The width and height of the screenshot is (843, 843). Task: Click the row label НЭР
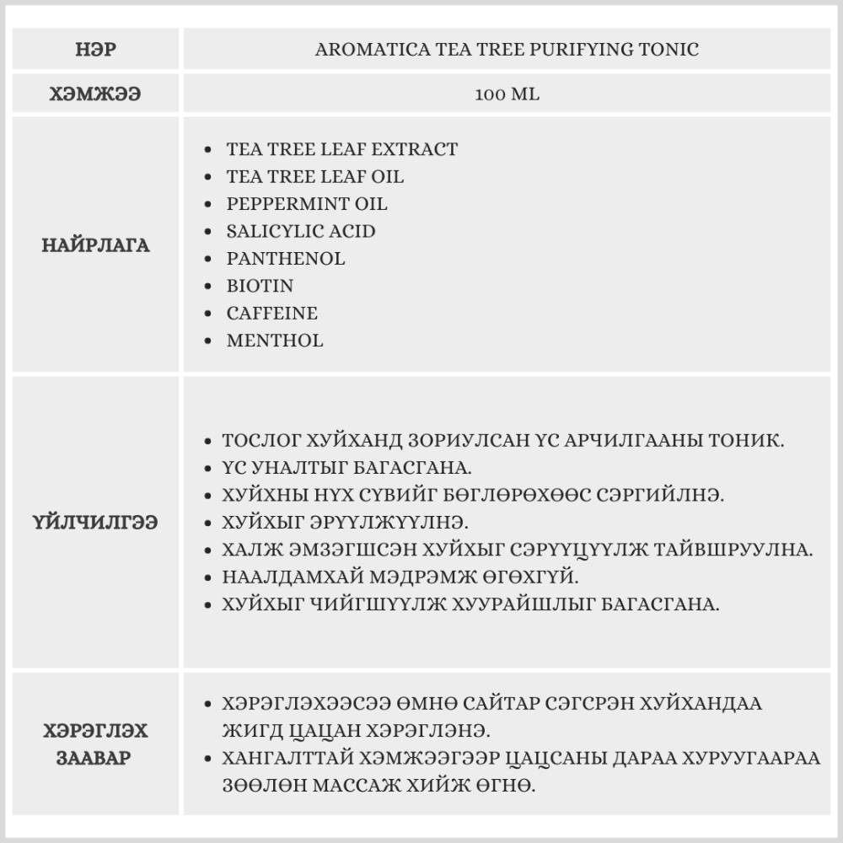[95, 49]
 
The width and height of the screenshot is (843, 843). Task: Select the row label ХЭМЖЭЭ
[95, 94]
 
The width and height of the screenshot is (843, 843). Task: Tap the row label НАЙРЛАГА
[95, 245]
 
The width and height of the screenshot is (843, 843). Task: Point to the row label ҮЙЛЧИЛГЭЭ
[95, 523]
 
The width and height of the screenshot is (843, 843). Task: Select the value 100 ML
[507, 94]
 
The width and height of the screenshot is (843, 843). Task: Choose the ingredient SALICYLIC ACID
[301, 231]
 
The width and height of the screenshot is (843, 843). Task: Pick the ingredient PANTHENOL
[286, 259]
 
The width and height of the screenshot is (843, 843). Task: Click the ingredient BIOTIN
[260, 286]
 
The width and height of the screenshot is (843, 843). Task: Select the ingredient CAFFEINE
[271, 314]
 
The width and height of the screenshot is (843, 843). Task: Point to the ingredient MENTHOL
[274, 341]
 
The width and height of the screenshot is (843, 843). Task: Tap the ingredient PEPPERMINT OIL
[307, 204]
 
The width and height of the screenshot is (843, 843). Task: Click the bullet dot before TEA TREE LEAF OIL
[209, 177]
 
